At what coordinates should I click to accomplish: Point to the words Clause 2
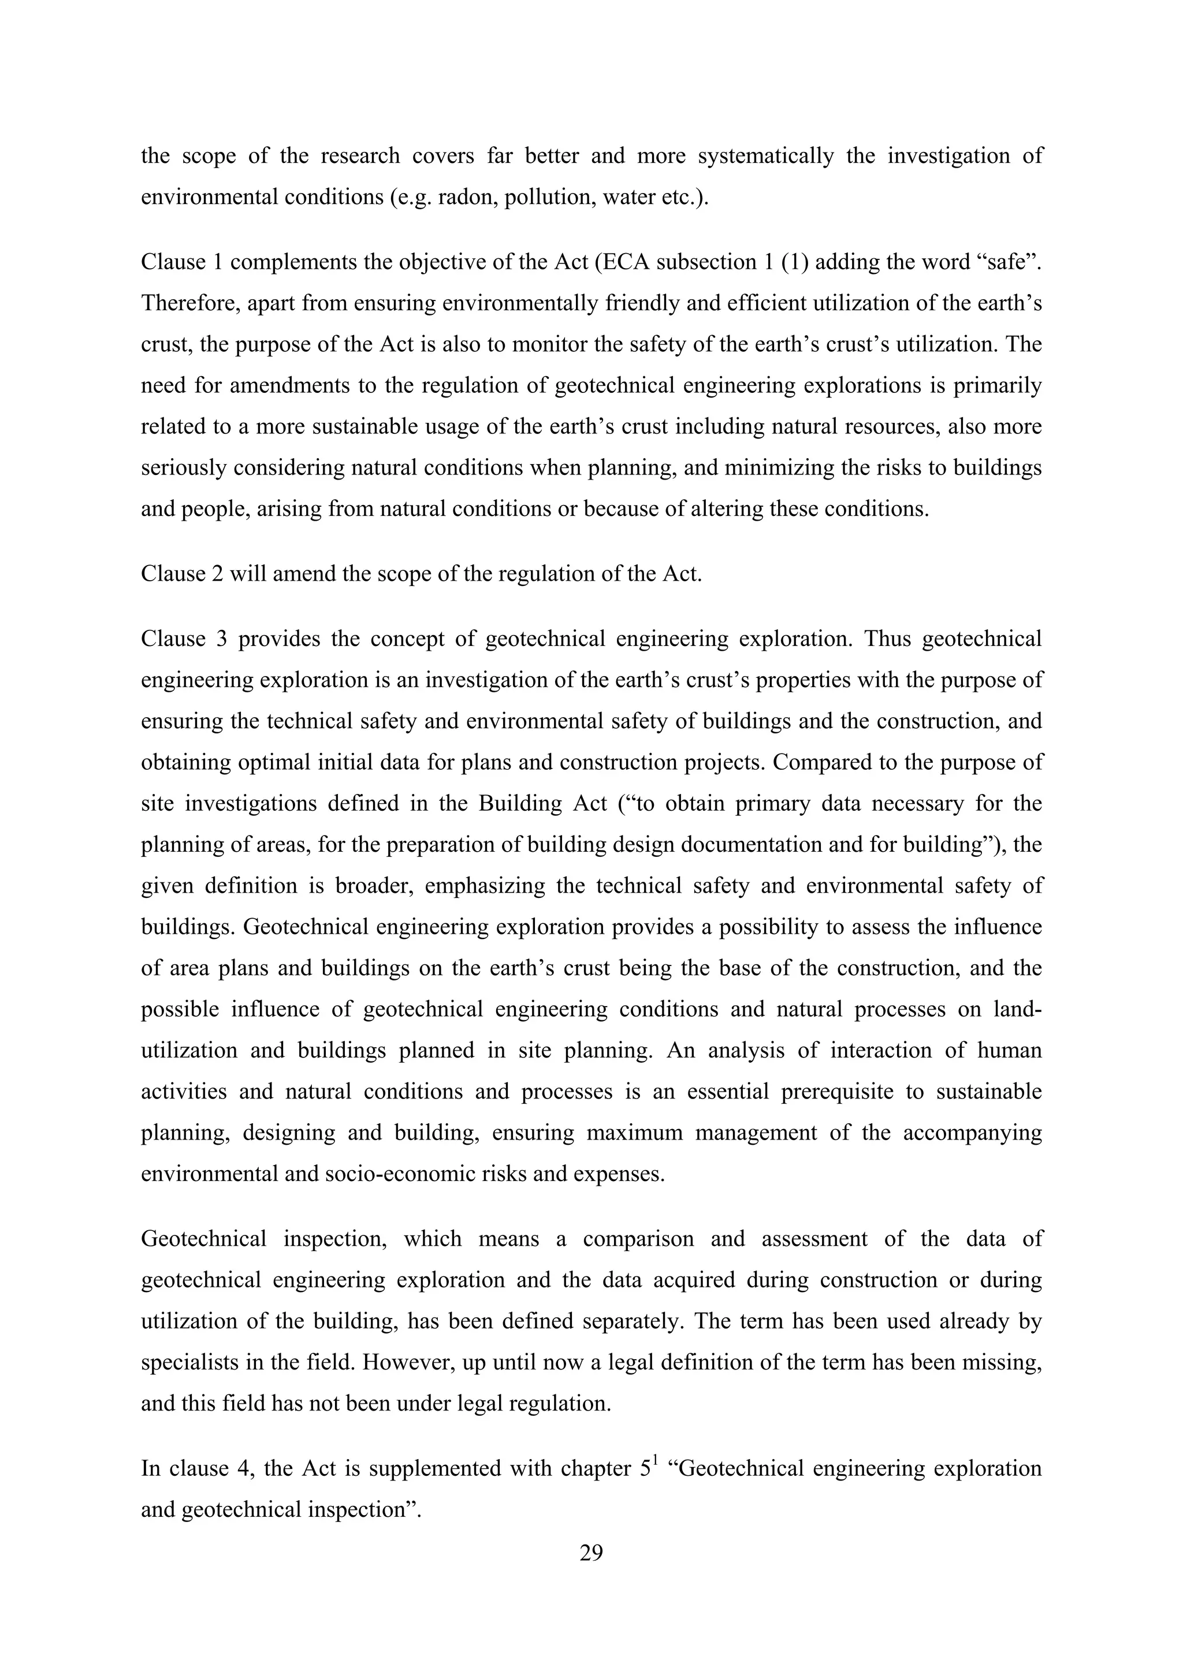181,574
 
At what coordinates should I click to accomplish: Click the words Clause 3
184,639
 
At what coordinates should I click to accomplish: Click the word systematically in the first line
765,156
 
